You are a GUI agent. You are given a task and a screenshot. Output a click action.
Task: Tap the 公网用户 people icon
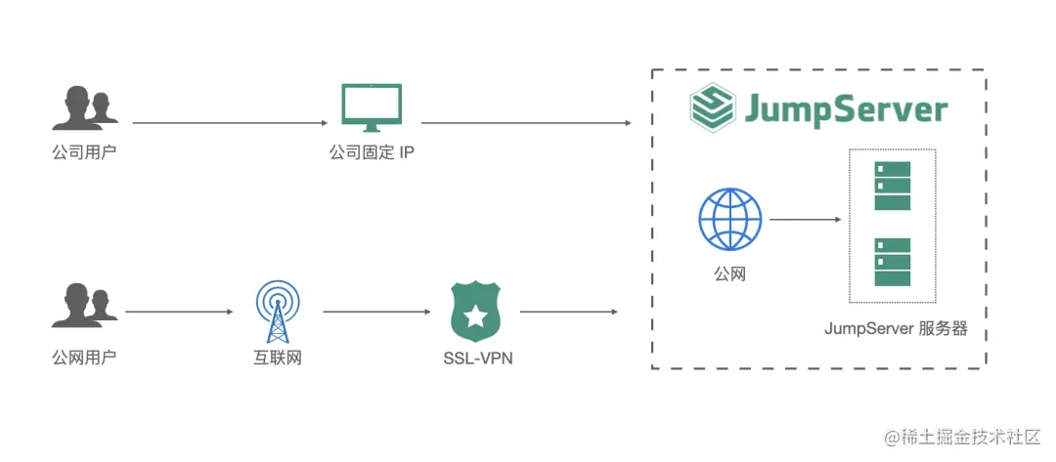(84, 305)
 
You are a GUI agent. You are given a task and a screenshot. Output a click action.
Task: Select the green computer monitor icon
(372, 108)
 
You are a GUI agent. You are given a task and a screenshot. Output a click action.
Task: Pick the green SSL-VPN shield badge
(475, 312)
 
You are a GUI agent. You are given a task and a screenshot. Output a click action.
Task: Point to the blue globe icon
(729, 220)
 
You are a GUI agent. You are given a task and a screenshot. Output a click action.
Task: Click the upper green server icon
(892, 186)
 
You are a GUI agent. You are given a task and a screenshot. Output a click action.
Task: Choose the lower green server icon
(892, 262)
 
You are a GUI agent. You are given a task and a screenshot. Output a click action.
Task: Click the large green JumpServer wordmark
(846, 109)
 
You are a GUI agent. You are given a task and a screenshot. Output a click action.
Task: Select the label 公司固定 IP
(373, 153)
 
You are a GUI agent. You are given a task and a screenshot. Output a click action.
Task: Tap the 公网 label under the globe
(729, 274)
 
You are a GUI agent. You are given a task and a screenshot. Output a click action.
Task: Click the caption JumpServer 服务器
(896, 329)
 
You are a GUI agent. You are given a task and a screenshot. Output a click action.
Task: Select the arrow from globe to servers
(805, 220)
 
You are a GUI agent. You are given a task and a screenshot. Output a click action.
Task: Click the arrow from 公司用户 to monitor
(230, 123)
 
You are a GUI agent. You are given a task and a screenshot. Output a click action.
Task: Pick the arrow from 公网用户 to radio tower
(179, 313)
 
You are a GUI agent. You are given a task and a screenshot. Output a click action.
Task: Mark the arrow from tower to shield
(376, 313)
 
